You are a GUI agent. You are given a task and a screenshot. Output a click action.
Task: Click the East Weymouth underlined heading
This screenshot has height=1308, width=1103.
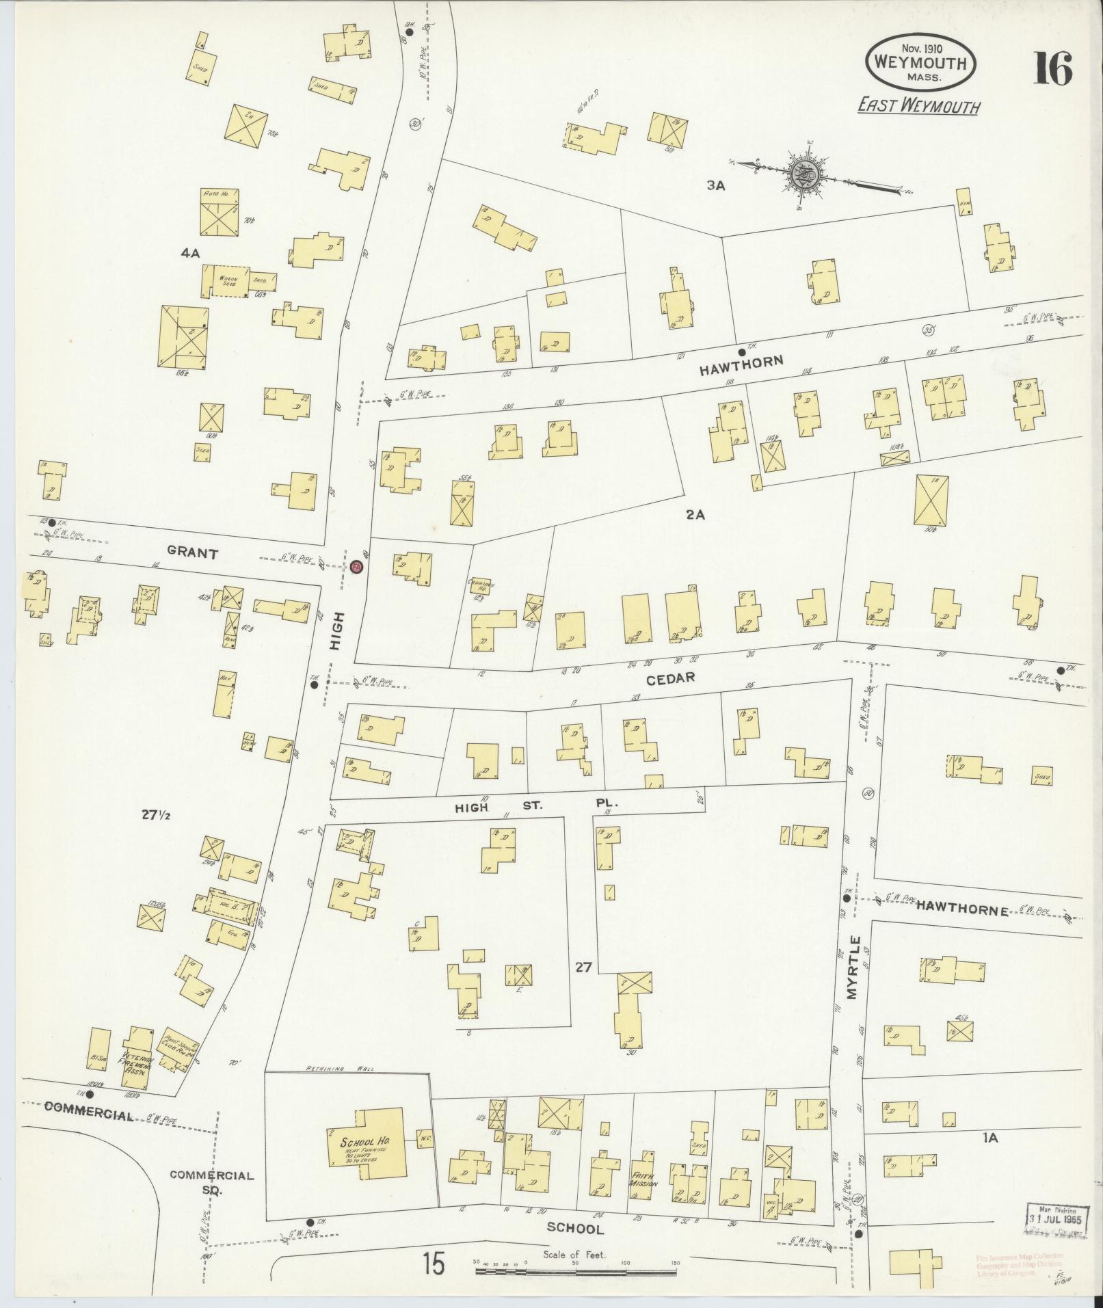tap(918, 107)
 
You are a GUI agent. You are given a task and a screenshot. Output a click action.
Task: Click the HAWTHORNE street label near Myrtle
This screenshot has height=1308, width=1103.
tap(963, 911)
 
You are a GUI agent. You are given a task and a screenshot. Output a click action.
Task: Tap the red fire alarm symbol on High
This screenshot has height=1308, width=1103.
tap(356, 567)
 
